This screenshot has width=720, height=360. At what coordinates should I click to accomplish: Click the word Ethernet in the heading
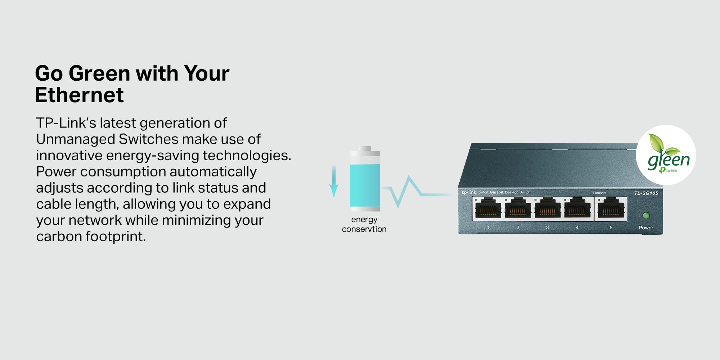coord(79,95)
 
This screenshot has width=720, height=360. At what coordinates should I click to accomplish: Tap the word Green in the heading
coord(99,73)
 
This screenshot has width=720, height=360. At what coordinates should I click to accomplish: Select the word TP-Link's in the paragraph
coord(66,123)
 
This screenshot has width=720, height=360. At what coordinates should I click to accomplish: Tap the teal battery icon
coord(365,179)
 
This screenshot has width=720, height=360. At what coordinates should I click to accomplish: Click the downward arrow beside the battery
coord(334,181)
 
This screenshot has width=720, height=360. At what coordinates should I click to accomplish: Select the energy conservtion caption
coord(364,224)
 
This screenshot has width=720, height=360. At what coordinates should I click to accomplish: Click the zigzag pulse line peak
coord(409,176)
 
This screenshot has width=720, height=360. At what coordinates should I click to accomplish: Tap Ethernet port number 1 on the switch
coord(488,208)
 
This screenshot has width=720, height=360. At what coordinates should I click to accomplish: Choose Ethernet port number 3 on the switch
coord(547,208)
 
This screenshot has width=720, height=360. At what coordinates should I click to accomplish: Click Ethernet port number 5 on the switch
coord(611,208)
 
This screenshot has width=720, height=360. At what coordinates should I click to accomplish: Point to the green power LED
coord(646,216)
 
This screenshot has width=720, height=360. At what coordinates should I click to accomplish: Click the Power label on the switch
coord(646,228)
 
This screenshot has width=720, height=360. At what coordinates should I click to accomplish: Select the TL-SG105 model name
coord(646,193)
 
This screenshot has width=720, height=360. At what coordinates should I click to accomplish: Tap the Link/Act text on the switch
coord(600,193)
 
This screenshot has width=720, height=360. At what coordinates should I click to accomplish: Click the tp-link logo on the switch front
coord(469,193)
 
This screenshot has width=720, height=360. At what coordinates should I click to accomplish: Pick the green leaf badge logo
coord(666,155)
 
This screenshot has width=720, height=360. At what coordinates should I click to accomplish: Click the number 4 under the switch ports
coord(577,228)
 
